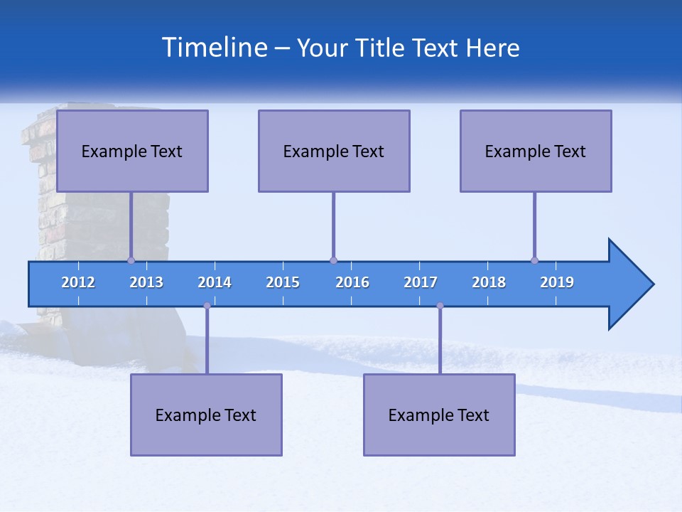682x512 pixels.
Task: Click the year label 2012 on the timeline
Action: tap(78, 282)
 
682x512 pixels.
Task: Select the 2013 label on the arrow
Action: tap(146, 282)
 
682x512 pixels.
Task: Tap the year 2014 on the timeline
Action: tap(215, 282)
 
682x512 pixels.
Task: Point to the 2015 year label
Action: tap(283, 282)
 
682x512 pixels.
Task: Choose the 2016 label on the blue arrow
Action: tap(352, 282)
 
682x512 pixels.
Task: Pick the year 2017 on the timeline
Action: tap(421, 282)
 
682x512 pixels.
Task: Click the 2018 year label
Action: tap(489, 282)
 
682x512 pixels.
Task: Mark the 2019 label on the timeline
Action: tap(557, 282)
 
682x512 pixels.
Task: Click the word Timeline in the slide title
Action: tap(214, 48)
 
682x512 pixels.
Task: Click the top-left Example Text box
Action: tap(132, 151)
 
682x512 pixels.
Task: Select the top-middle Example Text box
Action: tap(334, 151)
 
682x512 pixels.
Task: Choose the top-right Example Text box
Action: tap(536, 151)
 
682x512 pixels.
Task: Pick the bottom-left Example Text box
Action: tap(206, 415)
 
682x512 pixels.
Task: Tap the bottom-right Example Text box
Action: tap(439, 415)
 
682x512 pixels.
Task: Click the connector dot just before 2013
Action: tap(131, 260)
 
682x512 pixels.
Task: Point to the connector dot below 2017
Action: tap(440, 306)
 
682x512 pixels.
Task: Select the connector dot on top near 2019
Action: tap(534, 260)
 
